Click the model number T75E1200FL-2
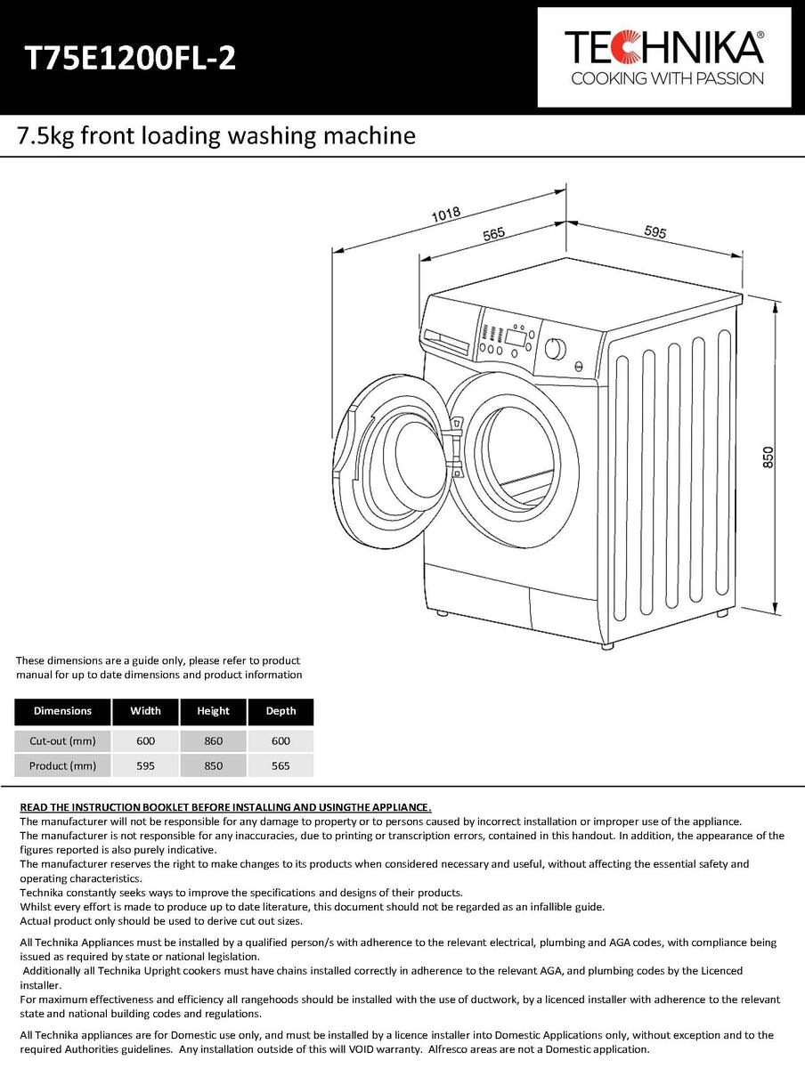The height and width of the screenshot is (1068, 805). [130, 58]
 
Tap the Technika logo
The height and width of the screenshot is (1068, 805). [664, 57]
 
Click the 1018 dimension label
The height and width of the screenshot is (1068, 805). [444, 214]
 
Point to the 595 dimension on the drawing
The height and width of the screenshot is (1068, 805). [655, 231]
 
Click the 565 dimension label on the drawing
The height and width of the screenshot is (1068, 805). [494, 234]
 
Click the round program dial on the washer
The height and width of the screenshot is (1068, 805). [555, 348]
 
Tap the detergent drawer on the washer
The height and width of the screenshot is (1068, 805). [447, 342]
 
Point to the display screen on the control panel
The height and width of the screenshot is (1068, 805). [515, 336]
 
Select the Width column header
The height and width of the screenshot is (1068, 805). [145, 711]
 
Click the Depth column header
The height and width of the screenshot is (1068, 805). [281, 711]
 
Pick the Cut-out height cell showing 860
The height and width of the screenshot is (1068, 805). [213, 740]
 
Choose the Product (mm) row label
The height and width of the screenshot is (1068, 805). [62, 765]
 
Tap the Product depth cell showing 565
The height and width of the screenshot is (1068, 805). [281, 765]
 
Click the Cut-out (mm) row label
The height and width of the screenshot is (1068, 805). [62, 740]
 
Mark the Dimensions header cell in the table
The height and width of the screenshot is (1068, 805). [62, 711]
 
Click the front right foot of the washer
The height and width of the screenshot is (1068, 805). [607, 644]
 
